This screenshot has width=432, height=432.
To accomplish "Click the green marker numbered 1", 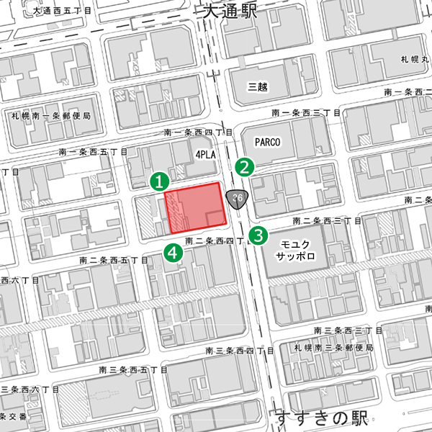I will [159, 180].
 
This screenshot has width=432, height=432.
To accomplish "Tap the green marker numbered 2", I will [246, 167].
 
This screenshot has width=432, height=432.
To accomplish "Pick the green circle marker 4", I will [173, 252].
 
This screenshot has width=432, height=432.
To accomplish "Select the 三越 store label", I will [257, 87].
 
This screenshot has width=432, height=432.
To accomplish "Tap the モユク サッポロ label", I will [296, 250].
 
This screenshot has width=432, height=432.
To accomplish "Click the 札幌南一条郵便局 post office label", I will [50, 115].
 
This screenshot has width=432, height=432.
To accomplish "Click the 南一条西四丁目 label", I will [198, 132].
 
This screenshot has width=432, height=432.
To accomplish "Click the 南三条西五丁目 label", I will [132, 369].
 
